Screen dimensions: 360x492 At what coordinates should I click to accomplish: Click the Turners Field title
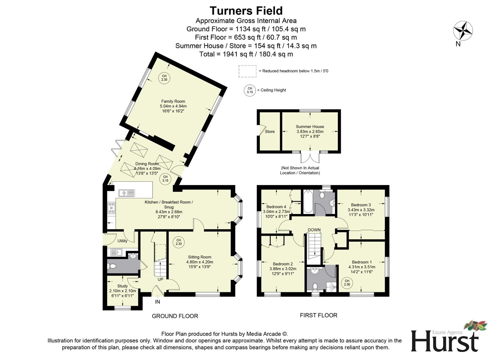click(x=246, y=11)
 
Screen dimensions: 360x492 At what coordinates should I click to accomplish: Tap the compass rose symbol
click(x=463, y=31)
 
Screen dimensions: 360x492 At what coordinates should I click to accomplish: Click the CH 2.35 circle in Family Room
click(x=164, y=78)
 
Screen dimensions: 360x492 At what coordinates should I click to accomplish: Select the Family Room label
click(x=173, y=101)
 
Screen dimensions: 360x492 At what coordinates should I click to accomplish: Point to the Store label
click(x=270, y=132)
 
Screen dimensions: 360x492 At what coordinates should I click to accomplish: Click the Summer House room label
click(x=310, y=127)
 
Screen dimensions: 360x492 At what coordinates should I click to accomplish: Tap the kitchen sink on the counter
click(x=127, y=193)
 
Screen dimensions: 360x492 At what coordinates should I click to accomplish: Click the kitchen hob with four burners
click(x=111, y=208)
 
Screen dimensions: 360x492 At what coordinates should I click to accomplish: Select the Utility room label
click(x=122, y=241)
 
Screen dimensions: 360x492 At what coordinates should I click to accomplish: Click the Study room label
click(x=122, y=286)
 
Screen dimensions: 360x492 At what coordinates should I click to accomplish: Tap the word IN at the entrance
click(x=158, y=302)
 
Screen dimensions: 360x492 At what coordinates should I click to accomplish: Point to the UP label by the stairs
click(x=160, y=279)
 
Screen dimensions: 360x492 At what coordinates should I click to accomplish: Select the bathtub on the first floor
click(x=308, y=202)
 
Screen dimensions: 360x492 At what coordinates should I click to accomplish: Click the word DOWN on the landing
click(x=314, y=230)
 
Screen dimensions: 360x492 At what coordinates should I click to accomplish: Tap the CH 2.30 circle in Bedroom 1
click(x=347, y=283)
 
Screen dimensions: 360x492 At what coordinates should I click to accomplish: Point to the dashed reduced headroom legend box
click(x=247, y=71)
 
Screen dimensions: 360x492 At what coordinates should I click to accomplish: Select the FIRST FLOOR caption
click(x=318, y=315)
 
